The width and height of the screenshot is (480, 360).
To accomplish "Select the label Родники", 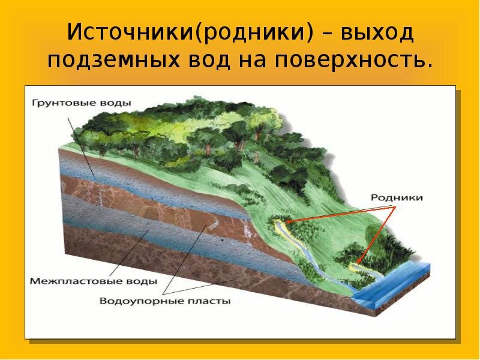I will point(397,197).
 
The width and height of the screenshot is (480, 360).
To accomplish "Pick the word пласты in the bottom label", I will point(211,301).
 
